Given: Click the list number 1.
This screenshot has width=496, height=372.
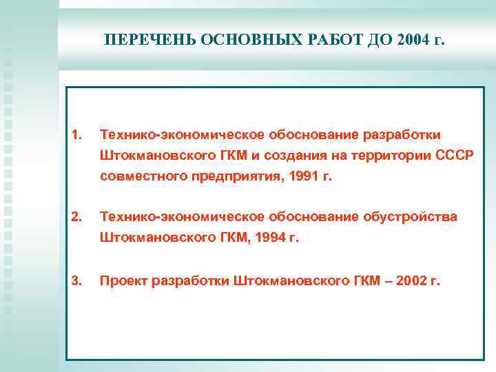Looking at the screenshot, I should click(x=77, y=134).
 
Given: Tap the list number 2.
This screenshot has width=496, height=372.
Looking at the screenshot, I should click(x=77, y=218).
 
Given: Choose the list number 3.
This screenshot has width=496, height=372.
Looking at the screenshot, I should click(x=77, y=281).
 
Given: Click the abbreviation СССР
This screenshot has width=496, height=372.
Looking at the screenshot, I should click(x=455, y=155).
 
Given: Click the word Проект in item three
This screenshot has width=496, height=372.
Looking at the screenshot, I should click(x=125, y=281).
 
